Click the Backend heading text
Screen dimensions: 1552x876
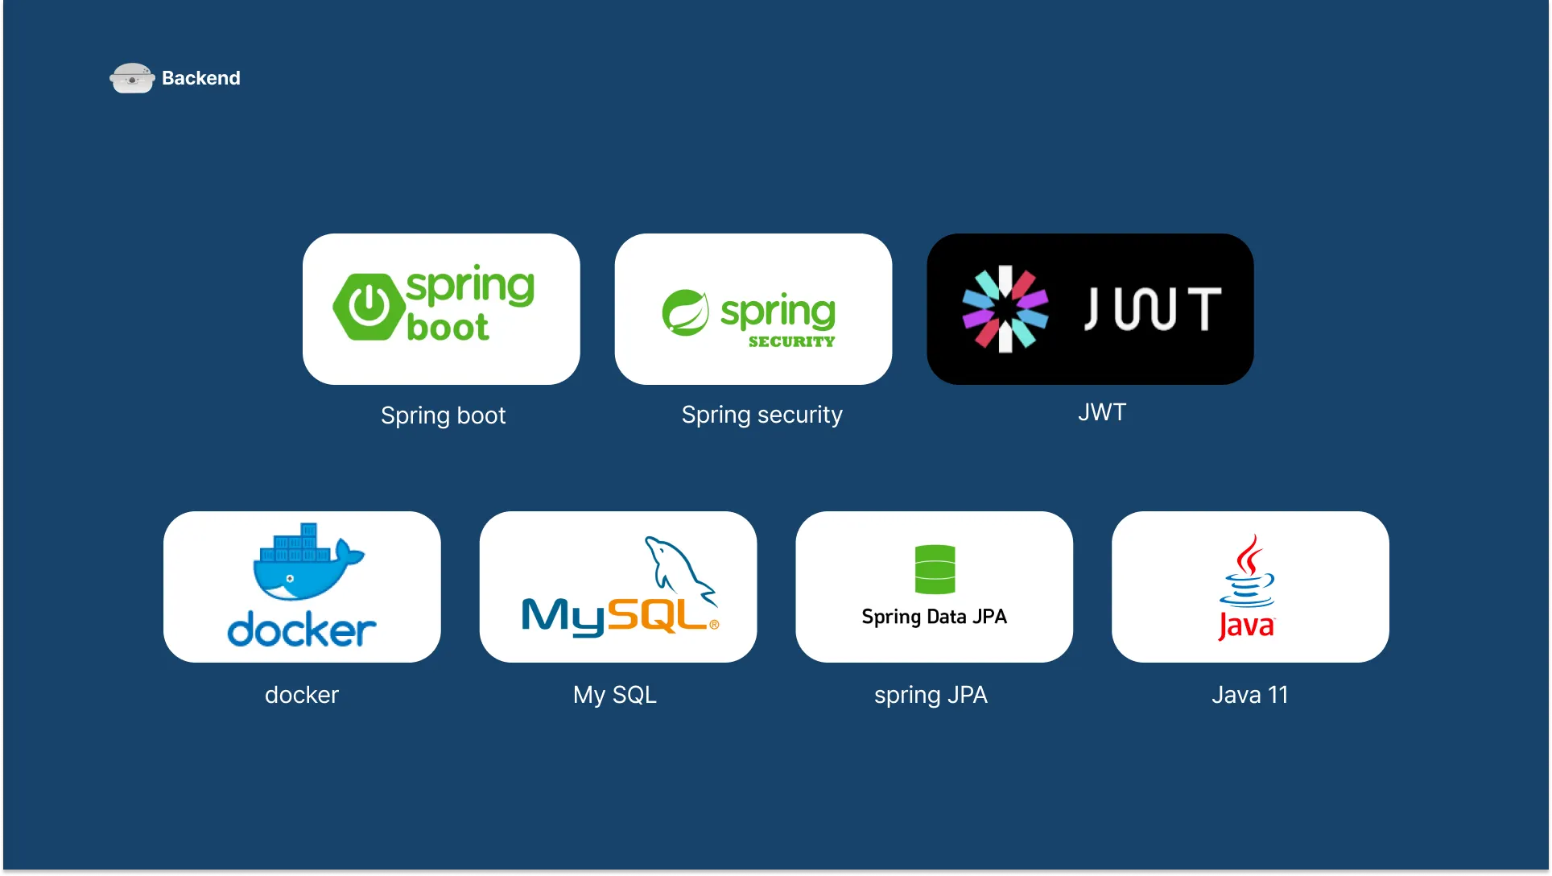pos(200,78)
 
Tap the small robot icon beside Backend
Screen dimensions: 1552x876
pos(132,79)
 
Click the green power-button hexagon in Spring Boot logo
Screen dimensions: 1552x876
pos(369,307)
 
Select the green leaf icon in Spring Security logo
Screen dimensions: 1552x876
pos(685,312)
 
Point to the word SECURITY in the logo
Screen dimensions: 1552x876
pos(791,341)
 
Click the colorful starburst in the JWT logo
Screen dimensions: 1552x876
pos(1005,309)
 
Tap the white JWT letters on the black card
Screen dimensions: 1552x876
pos(1153,309)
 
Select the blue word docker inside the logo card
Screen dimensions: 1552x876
pos(302,630)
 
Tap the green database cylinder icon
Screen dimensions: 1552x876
pos(935,569)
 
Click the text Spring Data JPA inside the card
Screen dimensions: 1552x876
pos(934,617)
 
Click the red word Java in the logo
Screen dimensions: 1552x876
pos(1246,626)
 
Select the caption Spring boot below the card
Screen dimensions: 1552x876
pos(443,415)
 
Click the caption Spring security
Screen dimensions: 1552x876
pos(762,415)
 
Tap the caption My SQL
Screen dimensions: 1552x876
pos(615,695)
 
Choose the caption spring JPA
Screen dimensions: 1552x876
pos(931,695)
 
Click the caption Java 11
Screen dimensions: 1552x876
pos(1250,695)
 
